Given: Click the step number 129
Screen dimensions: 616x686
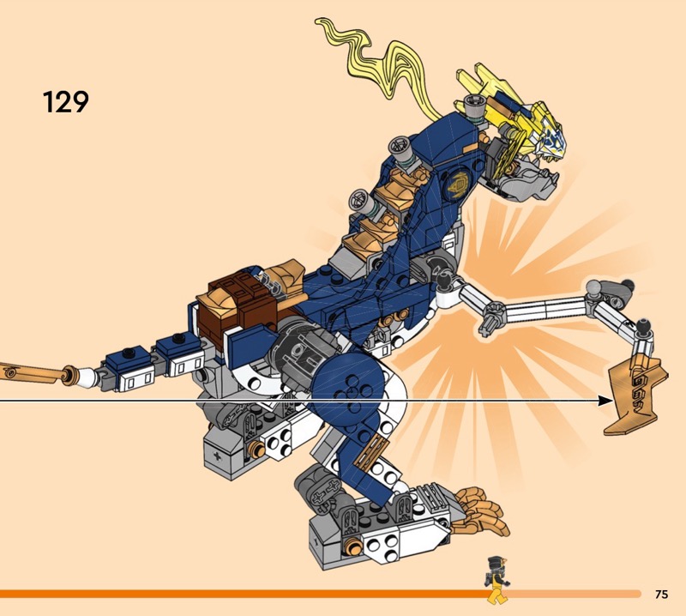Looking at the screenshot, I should (x=66, y=102).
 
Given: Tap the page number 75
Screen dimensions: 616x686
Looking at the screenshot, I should (x=660, y=594).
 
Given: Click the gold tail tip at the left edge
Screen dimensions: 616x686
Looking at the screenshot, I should (x=34, y=373).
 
